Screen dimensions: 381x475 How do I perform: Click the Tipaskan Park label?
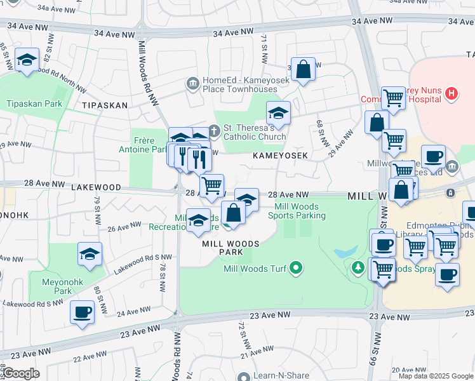(34, 104)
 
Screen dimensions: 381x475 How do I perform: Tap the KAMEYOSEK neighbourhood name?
(280, 156)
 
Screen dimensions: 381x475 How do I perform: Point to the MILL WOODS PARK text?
(231, 248)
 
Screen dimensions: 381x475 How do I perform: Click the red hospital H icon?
(452, 95)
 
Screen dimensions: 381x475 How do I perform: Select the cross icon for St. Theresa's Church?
(214, 131)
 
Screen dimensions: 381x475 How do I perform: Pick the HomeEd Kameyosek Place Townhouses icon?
(192, 83)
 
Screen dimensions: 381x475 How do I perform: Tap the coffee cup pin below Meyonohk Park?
(83, 312)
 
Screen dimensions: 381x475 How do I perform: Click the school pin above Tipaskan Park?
(27, 60)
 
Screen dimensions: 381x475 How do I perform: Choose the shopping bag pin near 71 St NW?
(304, 69)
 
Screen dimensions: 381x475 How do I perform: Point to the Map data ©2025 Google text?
(435, 376)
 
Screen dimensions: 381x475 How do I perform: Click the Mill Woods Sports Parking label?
(300, 211)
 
